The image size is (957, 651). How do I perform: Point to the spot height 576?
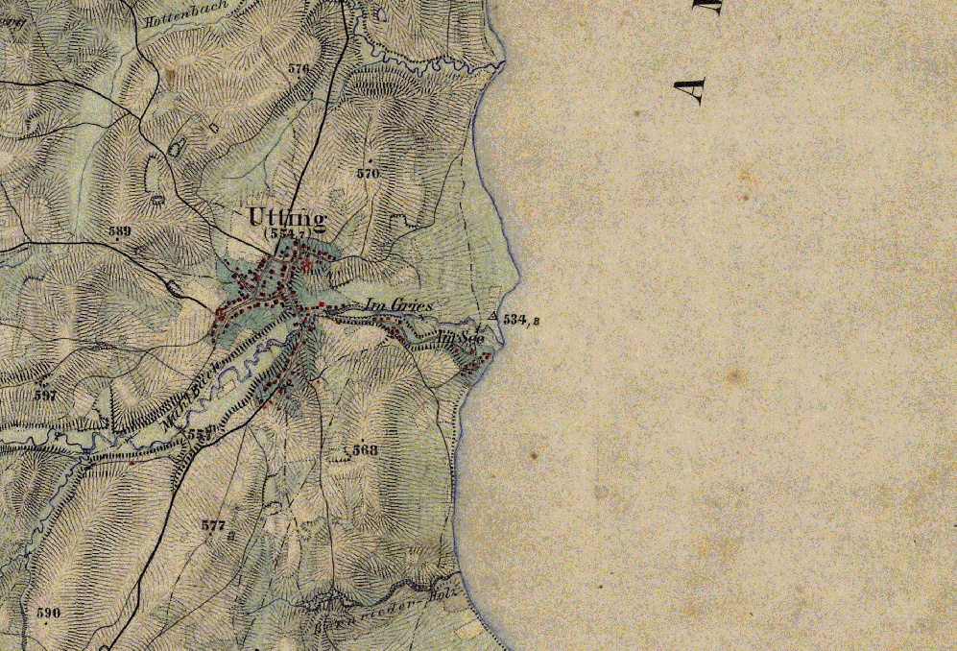299,69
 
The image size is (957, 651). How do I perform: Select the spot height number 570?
368,174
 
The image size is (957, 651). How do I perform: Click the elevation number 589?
120,231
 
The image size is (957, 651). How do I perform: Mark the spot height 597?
45,395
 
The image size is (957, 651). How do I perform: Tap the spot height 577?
214,525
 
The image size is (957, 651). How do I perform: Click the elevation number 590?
48,613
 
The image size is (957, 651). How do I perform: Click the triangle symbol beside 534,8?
493,316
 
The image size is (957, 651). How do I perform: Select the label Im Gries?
398,305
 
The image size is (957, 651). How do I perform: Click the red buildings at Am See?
477,361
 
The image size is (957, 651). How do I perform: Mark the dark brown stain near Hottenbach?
170,72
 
